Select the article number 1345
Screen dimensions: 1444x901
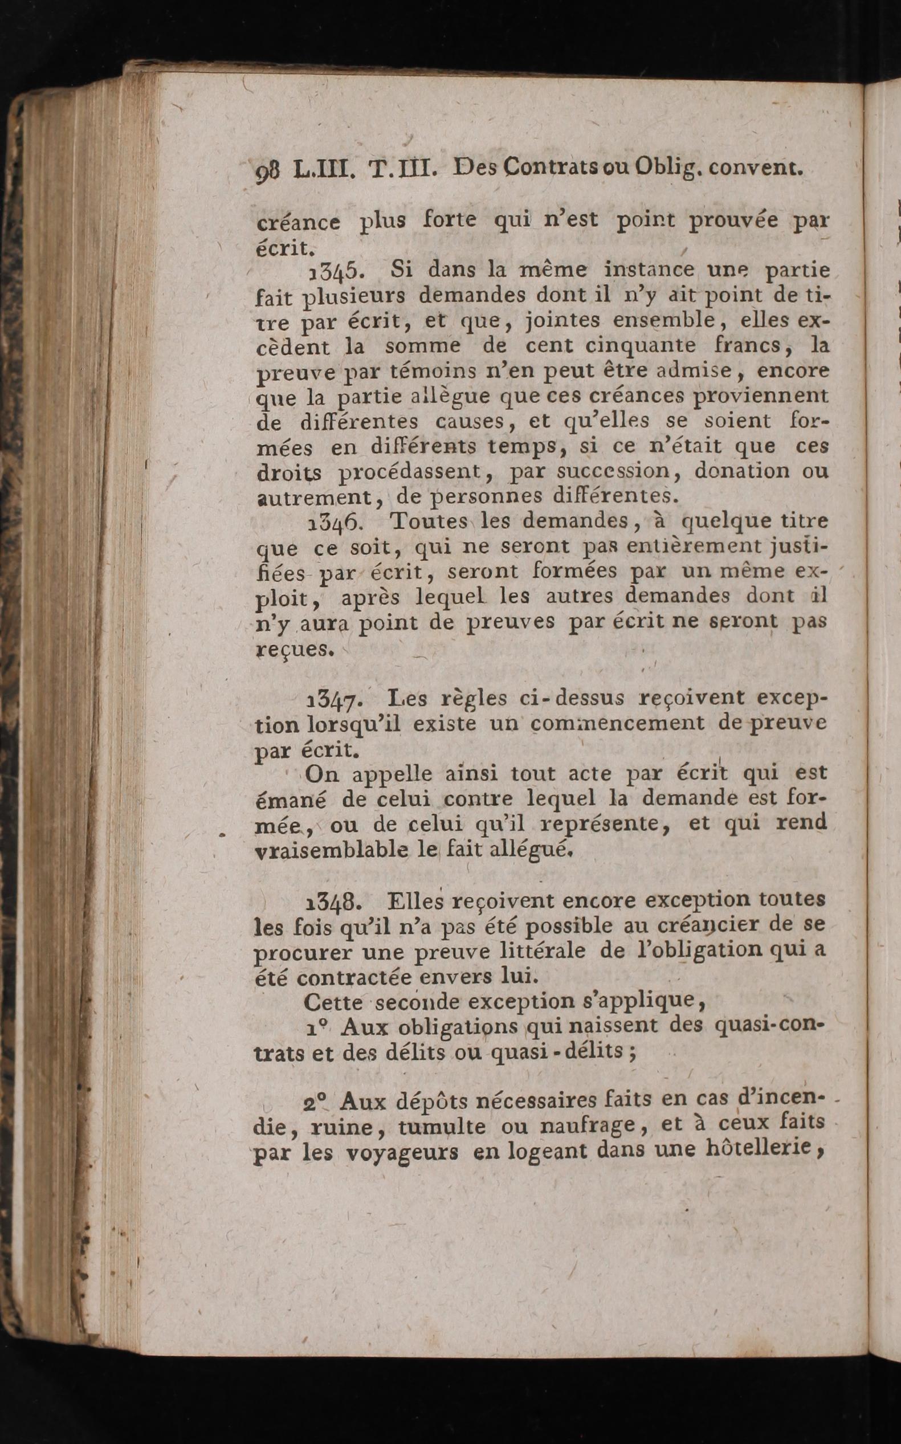[333, 272]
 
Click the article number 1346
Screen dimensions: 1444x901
[334, 523]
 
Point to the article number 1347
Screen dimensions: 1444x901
[332, 699]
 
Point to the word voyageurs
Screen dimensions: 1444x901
[402, 1153]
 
